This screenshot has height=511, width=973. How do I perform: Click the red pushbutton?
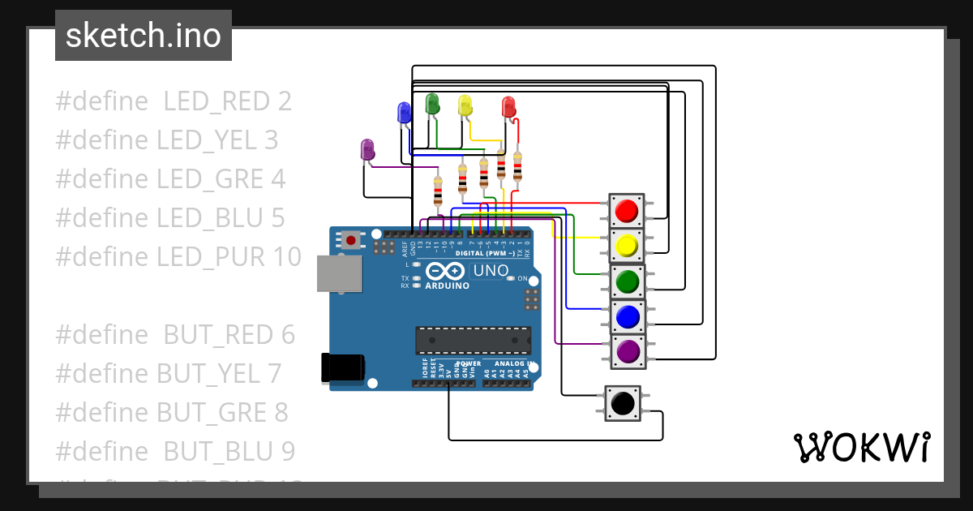pyautogui.click(x=626, y=211)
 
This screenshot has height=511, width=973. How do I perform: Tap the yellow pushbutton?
pyautogui.click(x=626, y=246)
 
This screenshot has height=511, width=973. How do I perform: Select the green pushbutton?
pyautogui.click(x=626, y=281)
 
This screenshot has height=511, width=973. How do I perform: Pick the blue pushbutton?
pyautogui.click(x=626, y=316)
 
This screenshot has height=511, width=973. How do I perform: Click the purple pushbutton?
pyautogui.click(x=626, y=351)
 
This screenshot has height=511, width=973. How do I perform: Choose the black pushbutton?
pyautogui.click(x=622, y=403)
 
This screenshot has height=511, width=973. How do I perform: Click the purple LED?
pyautogui.click(x=366, y=149)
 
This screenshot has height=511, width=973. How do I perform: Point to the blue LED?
pyautogui.click(x=404, y=113)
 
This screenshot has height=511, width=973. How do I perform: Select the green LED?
pyautogui.click(x=432, y=103)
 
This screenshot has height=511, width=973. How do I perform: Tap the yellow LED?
pyautogui.click(x=465, y=105)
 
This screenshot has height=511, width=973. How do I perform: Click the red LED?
pyautogui.click(x=508, y=106)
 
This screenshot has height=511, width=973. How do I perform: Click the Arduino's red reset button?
pyautogui.click(x=351, y=240)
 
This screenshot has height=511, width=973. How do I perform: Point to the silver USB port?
pyautogui.click(x=339, y=273)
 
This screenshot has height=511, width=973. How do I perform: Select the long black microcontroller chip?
pyautogui.click(x=474, y=341)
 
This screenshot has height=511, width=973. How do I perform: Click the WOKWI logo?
pyautogui.click(x=861, y=447)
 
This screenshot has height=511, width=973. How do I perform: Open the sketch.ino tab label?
pyautogui.click(x=144, y=36)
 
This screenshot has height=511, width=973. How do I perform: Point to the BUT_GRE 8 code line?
pyautogui.click(x=172, y=412)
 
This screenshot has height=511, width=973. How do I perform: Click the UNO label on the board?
pyautogui.click(x=490, y=270)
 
